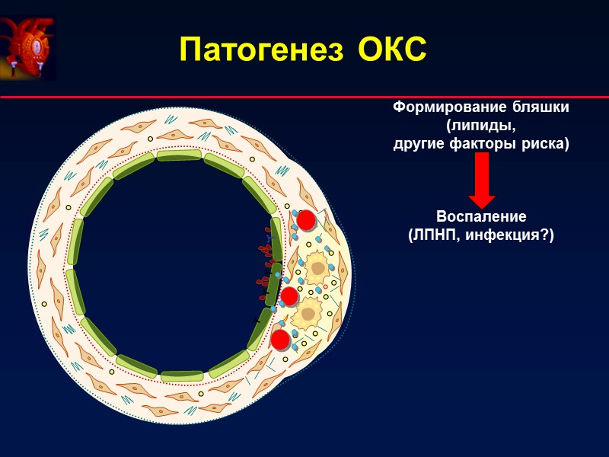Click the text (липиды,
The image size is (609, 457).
(x=480, y=126)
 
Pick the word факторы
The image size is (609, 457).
(x=481, y=143)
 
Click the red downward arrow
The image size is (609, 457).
(x=481, y=180)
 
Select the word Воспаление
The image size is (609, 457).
(x=481, y=217)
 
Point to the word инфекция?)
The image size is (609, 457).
(x=515, y=235)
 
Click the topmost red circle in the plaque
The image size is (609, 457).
(x=306, y=220)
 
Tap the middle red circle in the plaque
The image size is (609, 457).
(x=289, y=296)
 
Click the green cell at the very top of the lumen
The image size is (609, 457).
(x=180, y=155)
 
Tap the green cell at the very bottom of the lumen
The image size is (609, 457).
(x=181, y=376)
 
